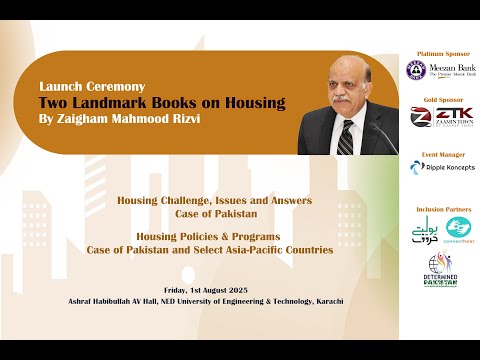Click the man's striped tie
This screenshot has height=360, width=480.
pos(346,135)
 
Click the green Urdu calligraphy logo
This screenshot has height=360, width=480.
pos(418,231)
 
